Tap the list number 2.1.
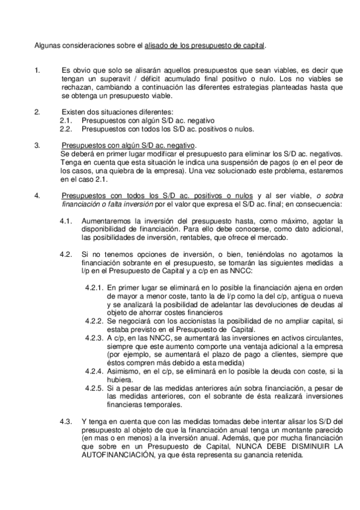[66, 120]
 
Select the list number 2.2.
[66, 128]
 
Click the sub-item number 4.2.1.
[95, 289]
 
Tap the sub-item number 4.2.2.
[95, 324]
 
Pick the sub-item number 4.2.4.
[95, 373]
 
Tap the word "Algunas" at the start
[46, 45]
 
